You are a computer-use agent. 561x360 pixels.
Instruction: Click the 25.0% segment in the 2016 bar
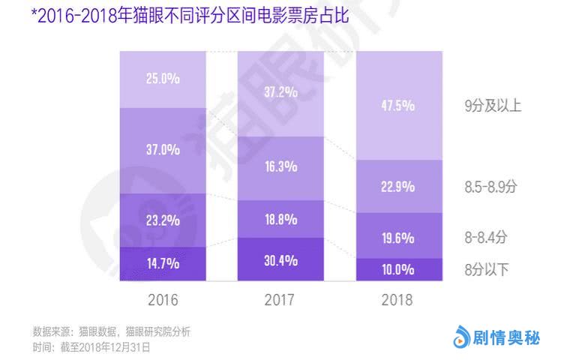pos(163,79)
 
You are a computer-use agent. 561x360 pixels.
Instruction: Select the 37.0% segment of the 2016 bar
pos(163,151)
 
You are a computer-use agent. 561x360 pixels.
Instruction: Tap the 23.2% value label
pos(163,220)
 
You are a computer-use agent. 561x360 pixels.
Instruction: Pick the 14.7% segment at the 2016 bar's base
pos(163,264)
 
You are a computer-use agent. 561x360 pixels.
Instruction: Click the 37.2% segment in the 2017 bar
pos(280,94)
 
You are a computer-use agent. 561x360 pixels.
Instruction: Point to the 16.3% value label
pos(280,166)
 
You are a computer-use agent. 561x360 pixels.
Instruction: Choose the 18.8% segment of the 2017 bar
pos(280,219)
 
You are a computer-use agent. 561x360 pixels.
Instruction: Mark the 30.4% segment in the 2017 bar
pos(280,259)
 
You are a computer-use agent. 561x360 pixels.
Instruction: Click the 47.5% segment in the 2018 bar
pos(399,106)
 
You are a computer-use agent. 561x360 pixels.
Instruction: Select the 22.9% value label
pos(397,187)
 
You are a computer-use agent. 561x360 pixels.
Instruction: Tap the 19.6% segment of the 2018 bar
pos(399,235)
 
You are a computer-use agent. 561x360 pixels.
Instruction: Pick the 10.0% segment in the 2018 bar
pos(399,269)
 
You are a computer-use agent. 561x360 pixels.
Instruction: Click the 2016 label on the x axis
pos(163,300)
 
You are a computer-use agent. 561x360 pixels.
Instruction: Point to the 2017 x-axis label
pos(280,300)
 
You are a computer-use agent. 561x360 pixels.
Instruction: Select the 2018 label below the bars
pos(397,300)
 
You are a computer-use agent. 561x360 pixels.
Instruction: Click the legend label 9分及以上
pos(493,106)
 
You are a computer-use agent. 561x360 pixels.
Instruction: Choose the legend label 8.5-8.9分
pos(490,187)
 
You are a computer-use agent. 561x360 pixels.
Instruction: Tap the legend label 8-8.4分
pos(485,237)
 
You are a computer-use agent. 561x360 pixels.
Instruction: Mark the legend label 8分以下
pos(486,269)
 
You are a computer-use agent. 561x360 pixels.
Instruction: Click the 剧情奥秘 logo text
pos(506,337)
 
